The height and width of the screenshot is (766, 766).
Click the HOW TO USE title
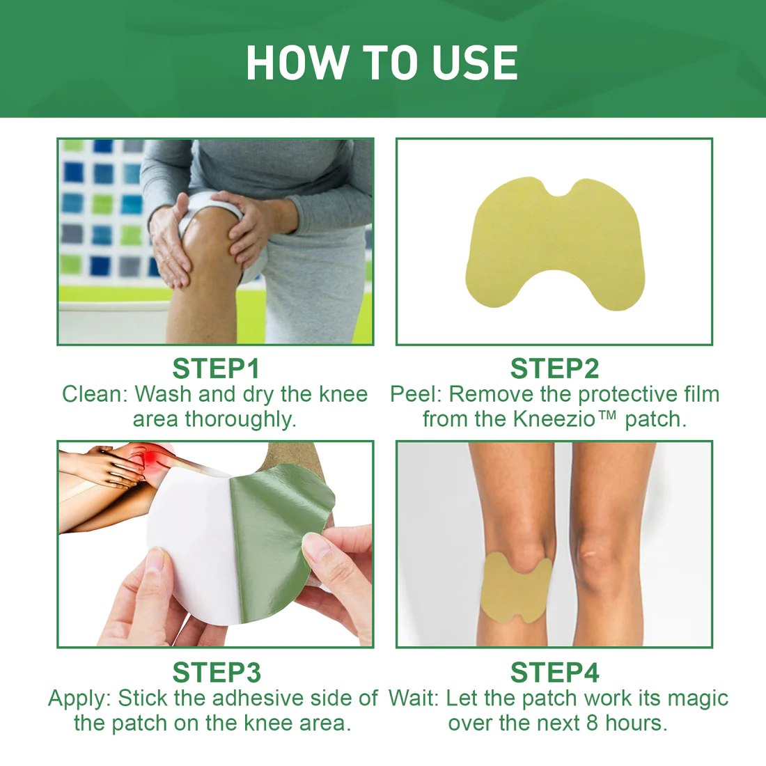(382, 63)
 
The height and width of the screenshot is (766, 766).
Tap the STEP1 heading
(215, 368)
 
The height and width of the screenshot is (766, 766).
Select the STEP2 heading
(554, 368)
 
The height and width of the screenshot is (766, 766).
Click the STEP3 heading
(216, 673)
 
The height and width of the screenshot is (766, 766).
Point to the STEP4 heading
(554, 673)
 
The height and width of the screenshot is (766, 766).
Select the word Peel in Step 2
(415, 394)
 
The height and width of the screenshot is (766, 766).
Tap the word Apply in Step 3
(79, 698)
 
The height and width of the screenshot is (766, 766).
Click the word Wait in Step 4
(414, 698)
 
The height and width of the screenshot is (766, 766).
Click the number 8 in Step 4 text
(592, 723)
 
